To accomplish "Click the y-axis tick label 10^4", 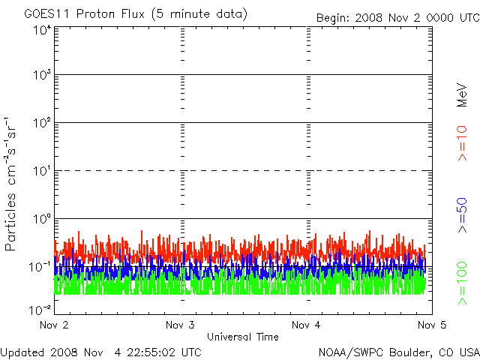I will click(x=40, y=30).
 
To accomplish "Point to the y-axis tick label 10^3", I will click(x=40, y=76).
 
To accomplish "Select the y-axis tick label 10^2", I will click(x=40, y=124).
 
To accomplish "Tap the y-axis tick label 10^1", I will click(x=40, y=172).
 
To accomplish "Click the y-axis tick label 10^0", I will click(x=40, y=220).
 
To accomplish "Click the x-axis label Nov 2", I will click(x=54, y=325).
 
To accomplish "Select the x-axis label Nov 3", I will click(x=180, y=325).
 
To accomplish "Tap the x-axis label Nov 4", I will click(x=306, y=325).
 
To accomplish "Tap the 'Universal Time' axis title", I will click(x=243, y=337).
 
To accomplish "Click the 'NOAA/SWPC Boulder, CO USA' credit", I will click(x=398, y=351).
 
